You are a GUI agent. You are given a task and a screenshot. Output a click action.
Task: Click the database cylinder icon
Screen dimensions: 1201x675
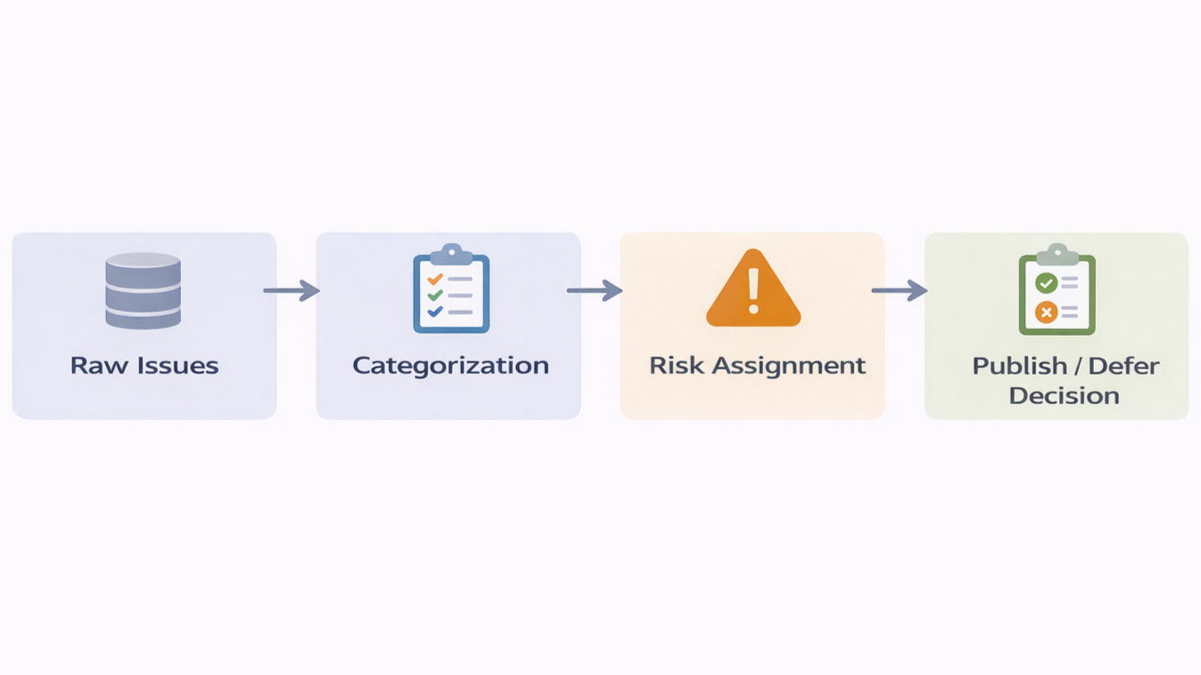[144, 290]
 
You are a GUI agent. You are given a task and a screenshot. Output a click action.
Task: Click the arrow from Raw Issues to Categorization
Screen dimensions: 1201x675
[292, 291]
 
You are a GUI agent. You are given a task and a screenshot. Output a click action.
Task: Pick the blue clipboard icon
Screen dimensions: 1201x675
[451, 290]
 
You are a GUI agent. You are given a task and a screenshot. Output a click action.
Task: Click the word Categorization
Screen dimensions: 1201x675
[450, 366]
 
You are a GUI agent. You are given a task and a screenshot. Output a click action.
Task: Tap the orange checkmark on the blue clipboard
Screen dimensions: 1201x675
[434, 279]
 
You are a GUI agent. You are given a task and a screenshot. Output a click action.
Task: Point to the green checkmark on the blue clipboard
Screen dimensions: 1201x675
[434, 295]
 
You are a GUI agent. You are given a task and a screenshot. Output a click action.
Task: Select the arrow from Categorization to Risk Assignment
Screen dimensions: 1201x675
[595, 291]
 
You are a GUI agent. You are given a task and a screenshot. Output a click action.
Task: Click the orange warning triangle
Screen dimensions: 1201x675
[753, 290]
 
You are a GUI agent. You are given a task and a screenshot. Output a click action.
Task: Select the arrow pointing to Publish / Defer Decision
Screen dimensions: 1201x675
[899, 291]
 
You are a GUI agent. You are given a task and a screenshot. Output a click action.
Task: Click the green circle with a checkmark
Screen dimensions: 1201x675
[1046, 284]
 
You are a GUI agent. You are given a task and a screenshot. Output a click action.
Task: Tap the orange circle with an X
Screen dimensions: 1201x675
[1046, 312]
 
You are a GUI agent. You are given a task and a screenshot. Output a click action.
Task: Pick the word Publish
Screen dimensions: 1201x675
[1019, 366]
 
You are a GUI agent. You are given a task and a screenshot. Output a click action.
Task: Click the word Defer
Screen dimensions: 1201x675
[1124, 366]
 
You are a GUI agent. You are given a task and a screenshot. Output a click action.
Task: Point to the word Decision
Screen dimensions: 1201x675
[1064, 396]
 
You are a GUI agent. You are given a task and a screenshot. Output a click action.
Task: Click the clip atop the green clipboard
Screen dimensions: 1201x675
[1057, 253]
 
